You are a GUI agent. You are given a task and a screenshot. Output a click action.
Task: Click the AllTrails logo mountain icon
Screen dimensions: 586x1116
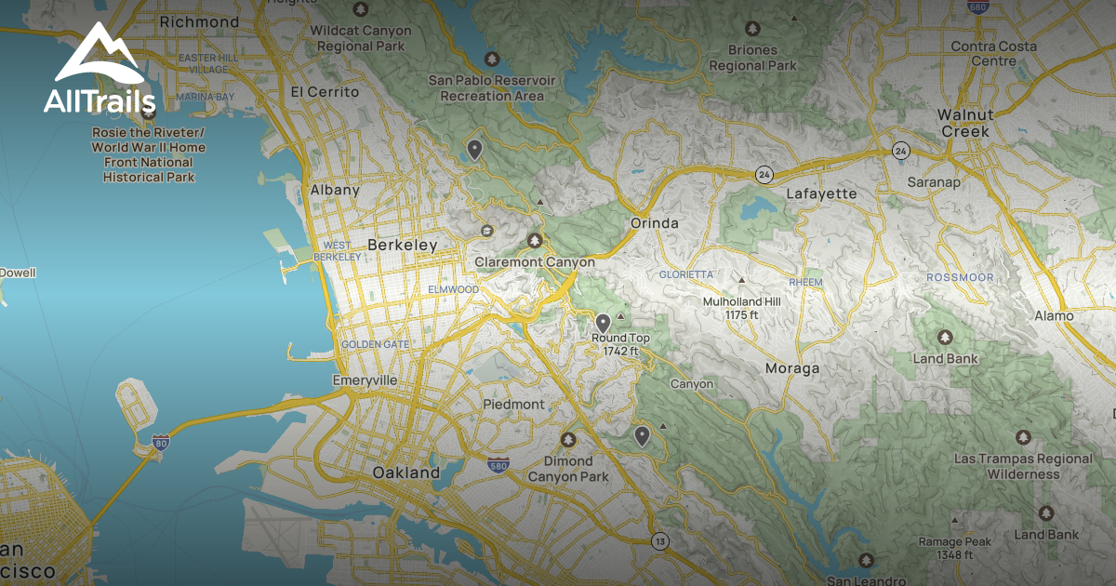click(x=98, y=53)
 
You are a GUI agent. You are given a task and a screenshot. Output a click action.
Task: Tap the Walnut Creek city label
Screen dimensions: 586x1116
click(x=964, y=123)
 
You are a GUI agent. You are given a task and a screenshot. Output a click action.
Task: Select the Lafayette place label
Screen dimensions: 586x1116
click(x=821, y=193)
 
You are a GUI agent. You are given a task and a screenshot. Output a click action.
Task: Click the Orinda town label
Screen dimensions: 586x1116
click(x=655, y=223)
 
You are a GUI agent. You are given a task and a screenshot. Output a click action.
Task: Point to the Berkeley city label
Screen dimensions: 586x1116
click(x=402, y=245)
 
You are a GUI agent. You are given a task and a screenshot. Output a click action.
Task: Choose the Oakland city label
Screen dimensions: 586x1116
click(x=405, y=473)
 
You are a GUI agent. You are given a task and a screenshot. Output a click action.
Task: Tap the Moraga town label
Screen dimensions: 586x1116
click(x=792, y=368)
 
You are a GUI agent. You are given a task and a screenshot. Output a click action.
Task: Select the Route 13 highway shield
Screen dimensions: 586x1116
click(x=659, y=541)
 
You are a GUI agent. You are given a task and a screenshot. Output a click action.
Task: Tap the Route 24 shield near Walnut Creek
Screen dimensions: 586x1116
click(x=899, y=150)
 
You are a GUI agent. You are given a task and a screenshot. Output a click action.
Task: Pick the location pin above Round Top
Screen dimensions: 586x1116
click(x=603, y=323)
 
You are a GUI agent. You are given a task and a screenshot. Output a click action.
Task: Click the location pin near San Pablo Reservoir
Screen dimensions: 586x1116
click(x=474, y=148)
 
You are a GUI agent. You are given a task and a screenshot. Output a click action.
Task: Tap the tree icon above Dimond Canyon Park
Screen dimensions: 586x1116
click(x=567, y=440)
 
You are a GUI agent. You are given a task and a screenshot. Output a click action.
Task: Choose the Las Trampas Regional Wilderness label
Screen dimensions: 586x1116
click(x=1023, y=466)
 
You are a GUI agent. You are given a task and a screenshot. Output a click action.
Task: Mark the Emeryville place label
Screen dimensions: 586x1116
click(x=365, y=380)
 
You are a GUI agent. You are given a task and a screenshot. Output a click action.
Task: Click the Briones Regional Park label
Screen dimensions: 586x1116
click(x=752, y=59)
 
